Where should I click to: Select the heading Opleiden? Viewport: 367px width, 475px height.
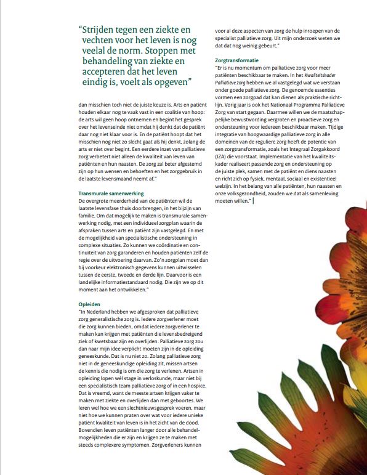[90, 304]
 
